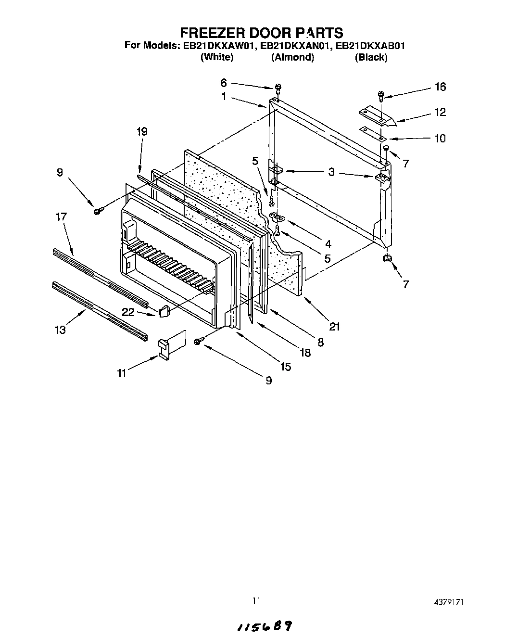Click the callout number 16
coord(440,87)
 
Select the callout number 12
coord(440,112)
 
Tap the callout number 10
coord(440,139)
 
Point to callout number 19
coord(141,131)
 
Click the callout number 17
coord(61,217)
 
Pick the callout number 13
coord(61,330)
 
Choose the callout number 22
coord(128,312)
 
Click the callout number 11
coord(122,373)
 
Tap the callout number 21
coord(334,327)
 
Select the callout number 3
coord(331,172)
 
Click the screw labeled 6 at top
coord(278,88)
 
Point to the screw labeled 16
coord(380,95)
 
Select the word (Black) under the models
coord(371,57)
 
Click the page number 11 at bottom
coord(256,600)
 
